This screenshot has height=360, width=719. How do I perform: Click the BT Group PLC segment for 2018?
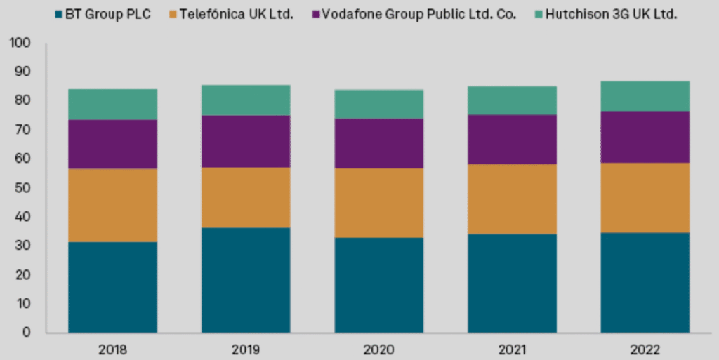coord(112,287)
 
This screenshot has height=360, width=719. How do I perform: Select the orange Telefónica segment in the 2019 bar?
coord(246,197)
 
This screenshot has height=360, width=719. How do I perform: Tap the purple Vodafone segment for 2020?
coord(378,143)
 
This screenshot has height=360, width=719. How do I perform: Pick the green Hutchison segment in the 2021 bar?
coord(513,100)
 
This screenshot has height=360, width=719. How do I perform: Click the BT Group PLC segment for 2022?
coord(645,282)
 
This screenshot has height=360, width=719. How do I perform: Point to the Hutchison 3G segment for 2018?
coord(112,104)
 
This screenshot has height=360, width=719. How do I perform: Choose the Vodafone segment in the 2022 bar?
coord(645,136)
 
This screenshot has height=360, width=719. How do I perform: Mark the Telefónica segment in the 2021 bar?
coord(513,199)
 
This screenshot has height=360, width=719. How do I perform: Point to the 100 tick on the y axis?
coord(21,43)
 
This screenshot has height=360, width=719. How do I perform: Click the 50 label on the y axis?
coord(24,188)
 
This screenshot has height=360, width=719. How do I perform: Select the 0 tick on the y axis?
coord(27,333)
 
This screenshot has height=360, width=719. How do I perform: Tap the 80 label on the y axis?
coord(24,101)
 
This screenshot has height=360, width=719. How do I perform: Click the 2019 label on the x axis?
coord(246,349)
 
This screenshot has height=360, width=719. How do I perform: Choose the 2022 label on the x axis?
coord(645,349)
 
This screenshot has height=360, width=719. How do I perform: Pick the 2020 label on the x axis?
coord(378,349)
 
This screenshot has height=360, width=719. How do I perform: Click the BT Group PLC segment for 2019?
coord(246,280)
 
